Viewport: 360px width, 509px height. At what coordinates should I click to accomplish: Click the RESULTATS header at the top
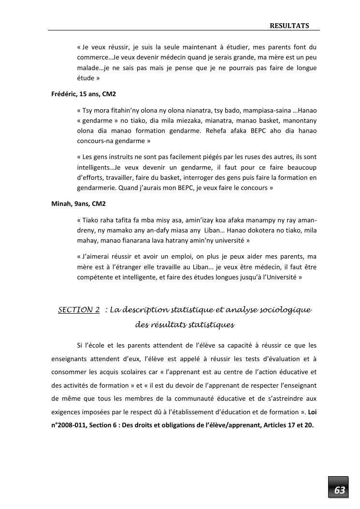[x=289, y=25]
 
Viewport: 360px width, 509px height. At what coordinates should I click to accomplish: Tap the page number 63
[x=340, y=491]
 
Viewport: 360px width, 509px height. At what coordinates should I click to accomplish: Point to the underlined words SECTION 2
[x=79, y=310]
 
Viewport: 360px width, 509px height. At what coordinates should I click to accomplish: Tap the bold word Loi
[x=312, y=412]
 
